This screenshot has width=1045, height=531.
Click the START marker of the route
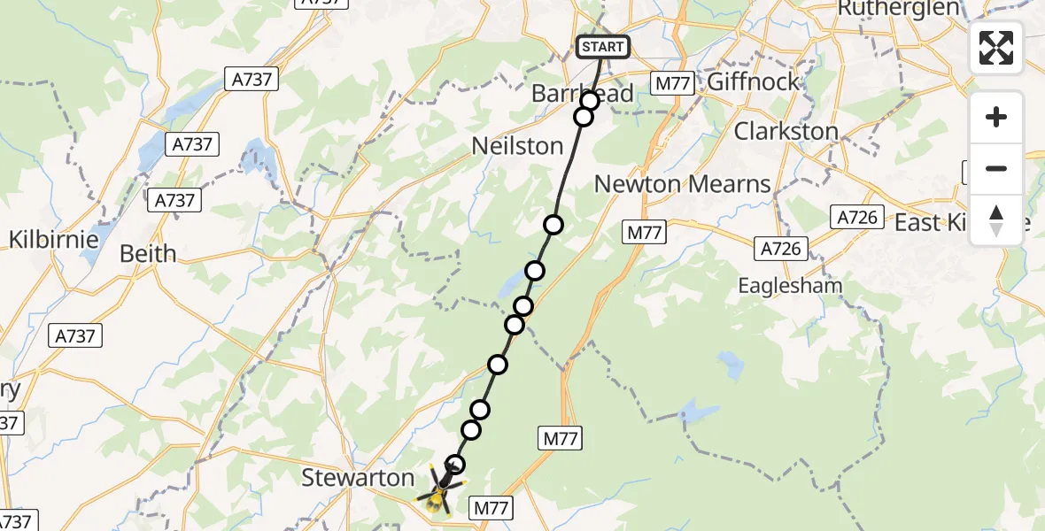pos(603,46)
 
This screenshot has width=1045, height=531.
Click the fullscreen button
pos(996,48)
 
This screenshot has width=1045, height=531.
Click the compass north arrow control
pos(996,220)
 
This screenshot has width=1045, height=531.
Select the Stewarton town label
pos(358,478)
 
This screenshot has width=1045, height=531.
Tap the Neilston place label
pos(518,145)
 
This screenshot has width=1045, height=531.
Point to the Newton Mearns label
pos(682,184)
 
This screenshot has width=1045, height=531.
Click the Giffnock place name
pos(754,82)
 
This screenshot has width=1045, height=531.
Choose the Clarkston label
pos(786,132)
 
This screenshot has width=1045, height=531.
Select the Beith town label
pos(148,254)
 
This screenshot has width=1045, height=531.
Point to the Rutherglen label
pos(898,9)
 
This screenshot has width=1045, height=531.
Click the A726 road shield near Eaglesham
pos(780,250)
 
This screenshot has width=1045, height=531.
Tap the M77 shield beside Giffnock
pos(673,83)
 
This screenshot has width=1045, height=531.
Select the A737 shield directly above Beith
pos(174,200)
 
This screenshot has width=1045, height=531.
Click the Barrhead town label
pos(582,94)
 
